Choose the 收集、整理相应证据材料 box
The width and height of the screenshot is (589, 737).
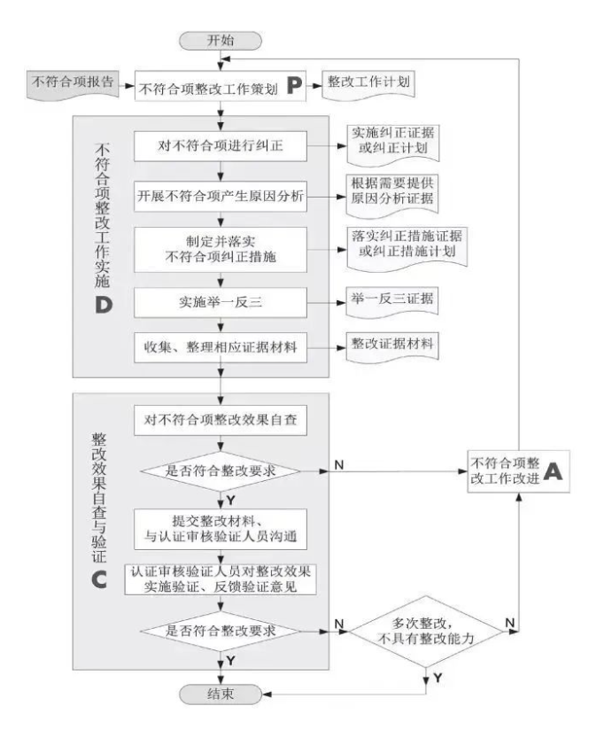(221, 348)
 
